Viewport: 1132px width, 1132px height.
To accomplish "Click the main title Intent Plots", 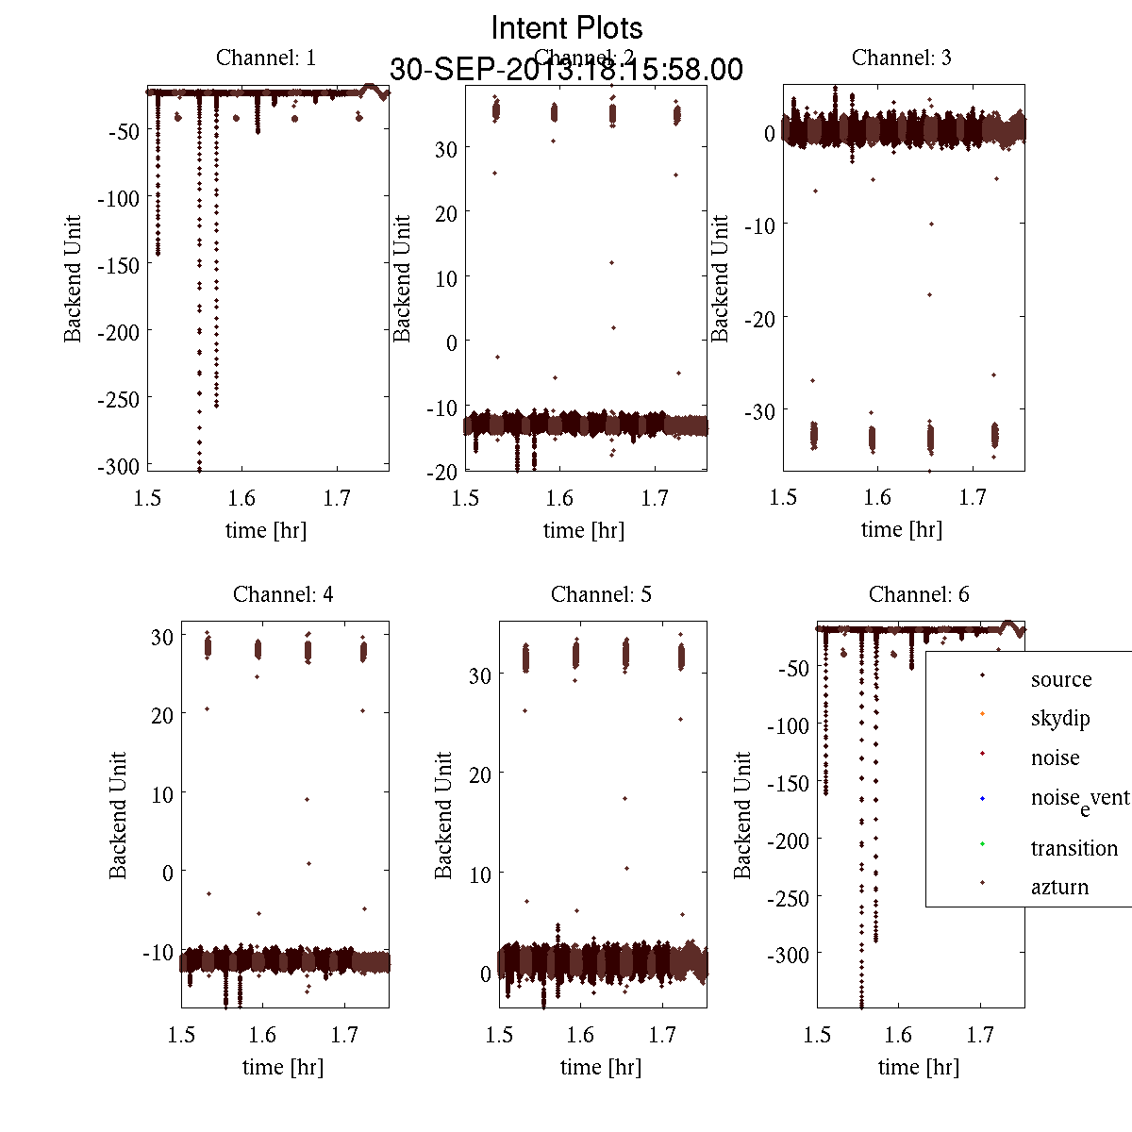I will (x=567, y=27).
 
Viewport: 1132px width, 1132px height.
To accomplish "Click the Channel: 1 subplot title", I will (x=266, y=58).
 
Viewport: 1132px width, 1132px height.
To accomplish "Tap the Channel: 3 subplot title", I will (x=901, y=58).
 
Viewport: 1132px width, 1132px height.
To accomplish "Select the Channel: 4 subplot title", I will (x=283, y=594).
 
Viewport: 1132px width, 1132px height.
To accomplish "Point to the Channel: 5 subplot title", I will (x=601, y=594).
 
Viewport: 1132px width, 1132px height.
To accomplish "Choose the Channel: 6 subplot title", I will (x=919, y=594).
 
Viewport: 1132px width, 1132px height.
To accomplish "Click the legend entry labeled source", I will (x=1060, y=679).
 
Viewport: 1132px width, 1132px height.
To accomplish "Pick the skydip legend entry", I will (x=1060, y=718).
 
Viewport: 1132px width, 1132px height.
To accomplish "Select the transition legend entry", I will (x=1074, y=847).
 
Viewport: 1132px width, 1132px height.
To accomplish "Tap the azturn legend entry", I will (x=1059, y=887).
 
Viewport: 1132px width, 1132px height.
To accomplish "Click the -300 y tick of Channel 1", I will (x=118, y=466).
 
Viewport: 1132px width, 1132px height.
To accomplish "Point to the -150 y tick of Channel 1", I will (x=118, y=265).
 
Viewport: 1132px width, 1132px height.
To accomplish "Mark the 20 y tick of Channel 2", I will (x=446, y=213).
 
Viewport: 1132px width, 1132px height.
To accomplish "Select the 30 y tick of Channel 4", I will (x=162, y=637).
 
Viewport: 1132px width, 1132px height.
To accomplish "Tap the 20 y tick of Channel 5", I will (x=481, y=774).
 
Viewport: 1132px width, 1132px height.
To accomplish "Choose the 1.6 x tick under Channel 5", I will (x=580, y=1035).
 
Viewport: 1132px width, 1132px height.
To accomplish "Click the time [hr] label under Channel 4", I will (x=282, y=1067).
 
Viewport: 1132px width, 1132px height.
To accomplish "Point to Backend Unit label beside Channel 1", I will (x=74, y=278).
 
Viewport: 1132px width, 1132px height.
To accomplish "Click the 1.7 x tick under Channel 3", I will (x=973, y=497).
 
